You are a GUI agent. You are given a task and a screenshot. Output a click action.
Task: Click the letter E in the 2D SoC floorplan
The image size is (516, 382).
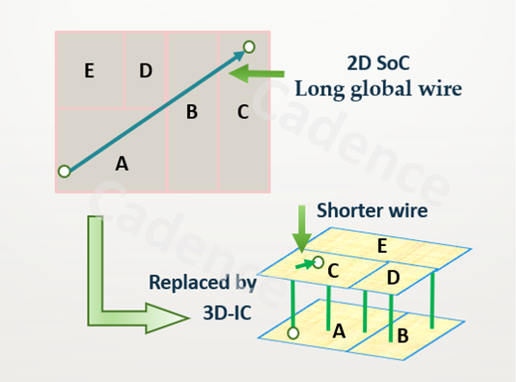89,71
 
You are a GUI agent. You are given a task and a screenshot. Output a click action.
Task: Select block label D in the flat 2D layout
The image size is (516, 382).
146,71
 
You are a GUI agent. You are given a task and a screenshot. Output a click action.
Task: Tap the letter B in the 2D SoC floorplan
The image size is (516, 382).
192,112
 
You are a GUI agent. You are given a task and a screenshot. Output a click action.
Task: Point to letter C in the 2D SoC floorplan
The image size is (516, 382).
243,112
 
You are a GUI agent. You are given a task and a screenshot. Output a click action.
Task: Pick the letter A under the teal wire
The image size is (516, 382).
121,163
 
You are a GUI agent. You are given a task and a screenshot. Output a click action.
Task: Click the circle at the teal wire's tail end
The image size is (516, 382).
64,172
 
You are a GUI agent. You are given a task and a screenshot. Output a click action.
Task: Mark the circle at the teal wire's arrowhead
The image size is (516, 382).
249,47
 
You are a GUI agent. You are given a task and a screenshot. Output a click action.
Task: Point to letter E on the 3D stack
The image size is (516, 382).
382,246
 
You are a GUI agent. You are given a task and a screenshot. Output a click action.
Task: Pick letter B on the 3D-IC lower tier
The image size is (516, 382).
403,336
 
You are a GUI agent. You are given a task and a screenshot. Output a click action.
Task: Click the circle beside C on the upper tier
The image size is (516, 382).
318,262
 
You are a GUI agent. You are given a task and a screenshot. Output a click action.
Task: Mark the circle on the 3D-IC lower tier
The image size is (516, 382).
293,333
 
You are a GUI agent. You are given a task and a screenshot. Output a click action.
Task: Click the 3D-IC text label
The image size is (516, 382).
227,313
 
